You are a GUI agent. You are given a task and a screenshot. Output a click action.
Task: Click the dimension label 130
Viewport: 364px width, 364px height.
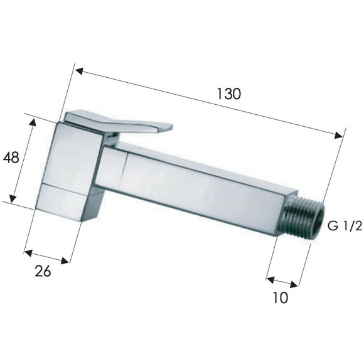click(229, 94)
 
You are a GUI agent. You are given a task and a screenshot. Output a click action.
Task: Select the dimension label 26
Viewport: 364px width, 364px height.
click(43, 271)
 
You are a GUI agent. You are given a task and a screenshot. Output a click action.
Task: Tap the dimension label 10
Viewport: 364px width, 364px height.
click(281, 297)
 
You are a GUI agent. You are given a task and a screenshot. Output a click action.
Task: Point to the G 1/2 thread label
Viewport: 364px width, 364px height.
click(345, 226)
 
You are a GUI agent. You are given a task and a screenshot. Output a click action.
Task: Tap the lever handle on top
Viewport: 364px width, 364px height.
click(119, 122)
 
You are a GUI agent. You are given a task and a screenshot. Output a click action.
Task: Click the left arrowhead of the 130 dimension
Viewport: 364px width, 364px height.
click(79, 72)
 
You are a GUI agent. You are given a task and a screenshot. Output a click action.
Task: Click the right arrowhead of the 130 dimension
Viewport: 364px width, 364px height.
click(338, 135)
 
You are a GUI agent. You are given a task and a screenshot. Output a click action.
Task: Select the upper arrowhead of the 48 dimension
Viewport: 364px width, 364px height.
click(33, 122)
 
